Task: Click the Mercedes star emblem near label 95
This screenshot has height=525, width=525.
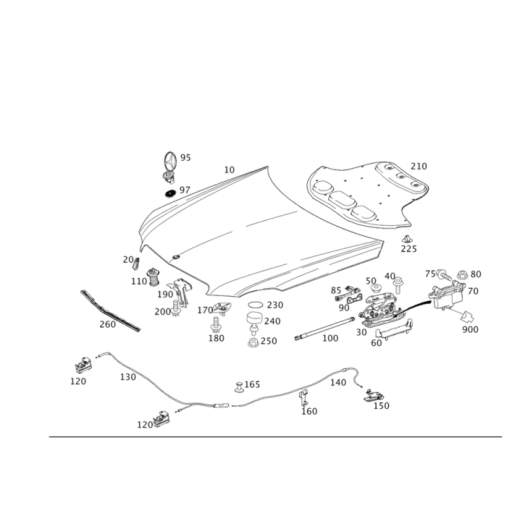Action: [170, 162]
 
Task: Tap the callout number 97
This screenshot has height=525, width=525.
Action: [185, 190]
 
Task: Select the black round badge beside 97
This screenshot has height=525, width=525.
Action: [171, 194]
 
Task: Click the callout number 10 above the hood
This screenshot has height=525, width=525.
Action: [229, 170]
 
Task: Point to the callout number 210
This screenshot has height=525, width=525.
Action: [419, 166]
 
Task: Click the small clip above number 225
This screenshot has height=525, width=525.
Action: [407, 239]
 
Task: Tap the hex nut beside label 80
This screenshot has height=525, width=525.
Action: [463, 275]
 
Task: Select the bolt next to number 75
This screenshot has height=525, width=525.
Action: [444, 275]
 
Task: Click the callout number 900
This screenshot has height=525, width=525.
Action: [470, 329]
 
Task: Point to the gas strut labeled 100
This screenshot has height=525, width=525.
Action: [324, 329]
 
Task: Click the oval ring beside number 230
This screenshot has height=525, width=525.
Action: [256, 305]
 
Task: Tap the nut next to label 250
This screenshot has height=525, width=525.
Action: [253, 343]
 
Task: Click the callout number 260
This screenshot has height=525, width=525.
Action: [108, 324]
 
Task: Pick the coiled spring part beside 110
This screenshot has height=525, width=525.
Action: [154, 277]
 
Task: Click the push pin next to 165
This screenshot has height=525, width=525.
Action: [239, 387]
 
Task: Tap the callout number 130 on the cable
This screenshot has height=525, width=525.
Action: [128, 377]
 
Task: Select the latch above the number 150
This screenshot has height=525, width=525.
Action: [373, 395]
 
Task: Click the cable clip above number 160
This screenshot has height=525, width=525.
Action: [304, 398]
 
